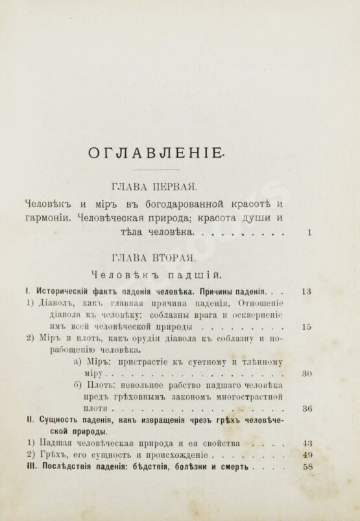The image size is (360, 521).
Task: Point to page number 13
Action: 307,291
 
